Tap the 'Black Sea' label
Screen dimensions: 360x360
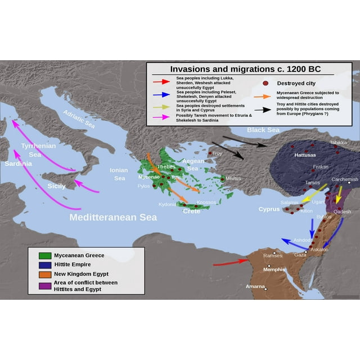coord(263,130)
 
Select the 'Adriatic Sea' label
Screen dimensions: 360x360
coord(79,118)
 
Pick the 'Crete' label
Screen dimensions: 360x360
coord(191,211)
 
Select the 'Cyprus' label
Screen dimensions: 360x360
coord(268,209)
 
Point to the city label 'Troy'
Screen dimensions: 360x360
coord(218,153)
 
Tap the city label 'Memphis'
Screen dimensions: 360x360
coord(274,269)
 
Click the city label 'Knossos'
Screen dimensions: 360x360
coord(206,202)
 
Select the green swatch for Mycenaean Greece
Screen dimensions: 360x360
coord(42,255)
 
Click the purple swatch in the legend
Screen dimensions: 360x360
coord(42,286)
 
